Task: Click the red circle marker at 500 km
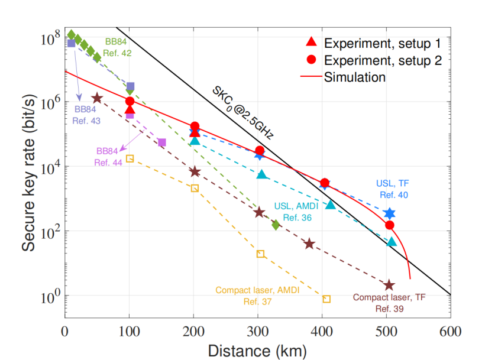click(x=389, y=225)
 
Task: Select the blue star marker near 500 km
click(x=389, y=213)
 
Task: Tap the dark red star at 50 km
click(x=97, y=98)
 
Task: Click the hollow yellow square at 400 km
click(x=326, y=299)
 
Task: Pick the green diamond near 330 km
click(x=276, y=225)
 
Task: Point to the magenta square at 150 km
click(x=161, y=142)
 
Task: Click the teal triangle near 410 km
click(x=331, y=205)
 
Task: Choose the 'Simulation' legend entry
click(x=354, y=77)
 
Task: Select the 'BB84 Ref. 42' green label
click(x=118, y=47)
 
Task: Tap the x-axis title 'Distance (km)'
click(x=257, y=351)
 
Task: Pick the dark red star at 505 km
click(x=389, y=286)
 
